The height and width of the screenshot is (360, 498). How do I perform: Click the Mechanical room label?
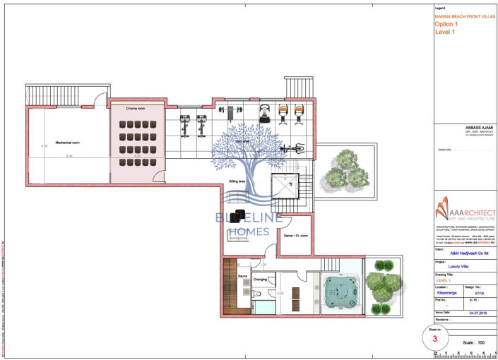(68, 143)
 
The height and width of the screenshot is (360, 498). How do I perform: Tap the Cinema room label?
(136, 109)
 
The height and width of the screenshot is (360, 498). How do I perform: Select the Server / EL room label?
(295, 235)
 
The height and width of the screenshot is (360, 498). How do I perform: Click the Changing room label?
(259, 279)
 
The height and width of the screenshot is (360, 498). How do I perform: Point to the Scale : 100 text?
(475, 342)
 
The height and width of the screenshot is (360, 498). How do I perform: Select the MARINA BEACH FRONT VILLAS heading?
(464, 15)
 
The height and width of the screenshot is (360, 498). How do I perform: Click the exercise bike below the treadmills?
(295, 148)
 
